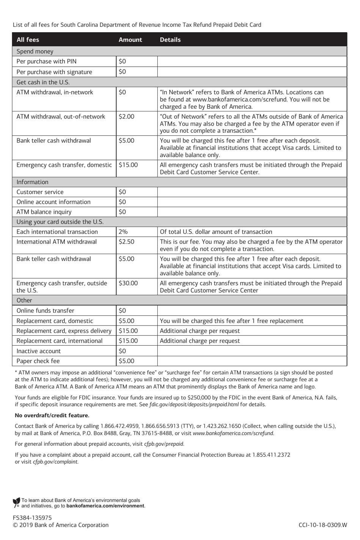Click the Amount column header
pyautogui.click(x=130, y=40)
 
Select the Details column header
pyautogui.click(x=170, y=40)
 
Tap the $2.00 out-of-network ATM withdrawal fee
pyautogui.click(x=126, y=117)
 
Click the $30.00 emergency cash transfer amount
pyautogui.click(x=128, y=283)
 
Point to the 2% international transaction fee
pyautogui.click(x=123, y=232)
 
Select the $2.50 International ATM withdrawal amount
pyautogui.click(x=126, y=242)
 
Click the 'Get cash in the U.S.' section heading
pyautogui.click(x=43, y=82)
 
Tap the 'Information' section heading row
pyautogui.click(x=32, y=182)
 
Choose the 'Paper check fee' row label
pyautogui.click(x=38, y=361)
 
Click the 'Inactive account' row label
pyautogui.click(x=38, y=351)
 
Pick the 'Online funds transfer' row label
pyautogui.click(x=45, y=311)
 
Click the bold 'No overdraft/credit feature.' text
pyautogui.click(x=52, y=415)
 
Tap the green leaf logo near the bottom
pyautogui.click(x=16, y=503)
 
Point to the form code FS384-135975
pyautogui.click(x=32, y=518)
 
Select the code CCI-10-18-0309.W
pyautogui.click(x=322, y=525)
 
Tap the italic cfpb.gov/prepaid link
pyautogui.click(x=164, y=444)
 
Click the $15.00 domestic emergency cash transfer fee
pyautogui.click(x=128, y=165)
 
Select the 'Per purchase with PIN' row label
pyautogui.click(x=46, y=61)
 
